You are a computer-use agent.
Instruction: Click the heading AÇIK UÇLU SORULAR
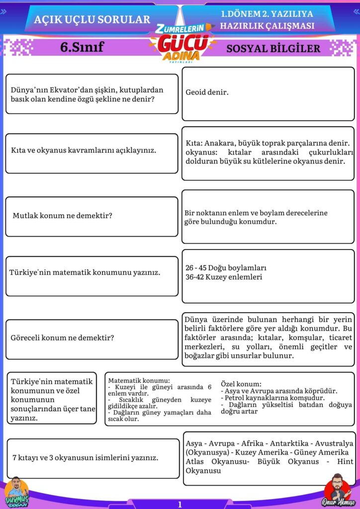coord(92,19)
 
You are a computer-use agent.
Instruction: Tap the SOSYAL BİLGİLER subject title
coord(273,49)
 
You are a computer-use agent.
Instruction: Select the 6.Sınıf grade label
coord(82,48)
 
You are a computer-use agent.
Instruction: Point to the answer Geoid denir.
coord(207,92)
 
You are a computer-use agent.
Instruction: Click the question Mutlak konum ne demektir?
coord(62,216)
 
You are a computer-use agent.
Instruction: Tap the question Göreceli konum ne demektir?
coord(63,338)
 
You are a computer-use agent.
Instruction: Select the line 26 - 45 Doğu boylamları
coord(226,267)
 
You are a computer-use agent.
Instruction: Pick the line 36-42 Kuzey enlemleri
coord(224,277)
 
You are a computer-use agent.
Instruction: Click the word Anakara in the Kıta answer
coord(219,143)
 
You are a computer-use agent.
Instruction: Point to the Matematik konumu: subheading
coord(139,380)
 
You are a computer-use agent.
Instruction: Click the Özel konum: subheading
coord(241,384)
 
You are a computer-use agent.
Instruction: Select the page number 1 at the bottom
coord(180,504)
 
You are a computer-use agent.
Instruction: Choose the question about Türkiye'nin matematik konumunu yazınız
coord(92,272)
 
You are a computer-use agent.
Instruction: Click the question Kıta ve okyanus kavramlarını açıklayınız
coord(84,150)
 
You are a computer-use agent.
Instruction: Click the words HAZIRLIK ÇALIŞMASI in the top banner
coord(267,26)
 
